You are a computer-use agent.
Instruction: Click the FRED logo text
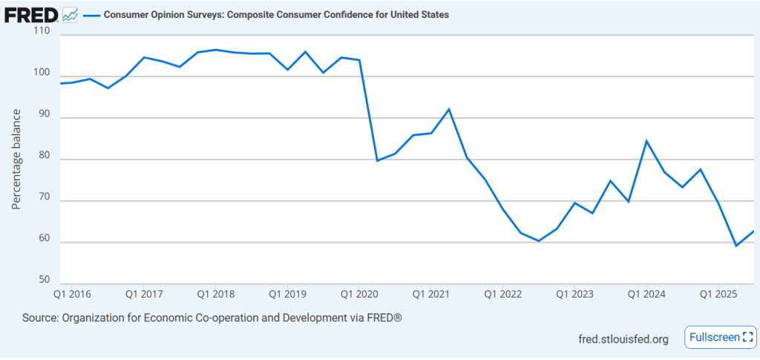coord(31,14)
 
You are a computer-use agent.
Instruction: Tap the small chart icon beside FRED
coord(71,14)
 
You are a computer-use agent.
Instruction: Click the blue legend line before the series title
coord(91,14)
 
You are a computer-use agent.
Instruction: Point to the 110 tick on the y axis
coord(41,32)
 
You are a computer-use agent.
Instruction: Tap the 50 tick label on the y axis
coord(43,280)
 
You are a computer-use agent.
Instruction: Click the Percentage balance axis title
coord(16,160)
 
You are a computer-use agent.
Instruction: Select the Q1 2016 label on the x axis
coord(71,294)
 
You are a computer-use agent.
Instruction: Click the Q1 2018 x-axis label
coord(215,294)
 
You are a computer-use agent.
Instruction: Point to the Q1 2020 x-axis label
coord(359,294)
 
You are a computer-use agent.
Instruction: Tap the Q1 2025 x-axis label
coord(718,294)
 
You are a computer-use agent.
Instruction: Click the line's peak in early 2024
coord(646,141)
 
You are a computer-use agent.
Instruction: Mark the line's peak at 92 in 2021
coord(449,109)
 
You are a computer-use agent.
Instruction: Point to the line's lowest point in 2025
coord(736,246)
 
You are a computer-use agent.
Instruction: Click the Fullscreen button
coord(721,337)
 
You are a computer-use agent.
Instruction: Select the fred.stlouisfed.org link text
coord(623,339)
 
